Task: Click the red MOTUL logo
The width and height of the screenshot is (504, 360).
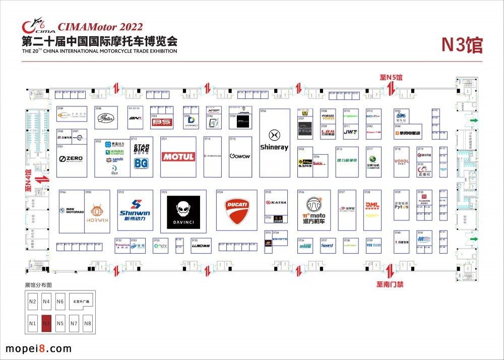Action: coord(178,157)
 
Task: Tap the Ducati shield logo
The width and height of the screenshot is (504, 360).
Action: coord(236,211)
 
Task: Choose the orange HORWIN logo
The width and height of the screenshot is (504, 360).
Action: coord(97,214)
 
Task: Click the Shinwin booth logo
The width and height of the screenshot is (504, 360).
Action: coord(135,211)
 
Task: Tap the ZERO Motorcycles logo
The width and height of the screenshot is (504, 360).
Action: coord(71,159)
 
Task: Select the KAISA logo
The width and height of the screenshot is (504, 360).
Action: coord(276,202)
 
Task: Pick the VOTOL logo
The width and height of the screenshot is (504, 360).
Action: coord(402,162)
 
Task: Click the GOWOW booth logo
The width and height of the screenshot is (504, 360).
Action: coord(239,156)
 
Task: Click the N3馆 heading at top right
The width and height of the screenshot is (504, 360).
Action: coord(462,44)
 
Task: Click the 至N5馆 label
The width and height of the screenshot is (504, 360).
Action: coord(391,78)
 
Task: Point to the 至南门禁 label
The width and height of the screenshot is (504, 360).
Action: coord(390,284)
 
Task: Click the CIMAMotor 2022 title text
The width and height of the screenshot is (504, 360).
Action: coord(100,27)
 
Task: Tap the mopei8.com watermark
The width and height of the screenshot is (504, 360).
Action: coord(38,349)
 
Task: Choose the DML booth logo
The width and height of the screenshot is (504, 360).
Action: coord(372,205)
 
